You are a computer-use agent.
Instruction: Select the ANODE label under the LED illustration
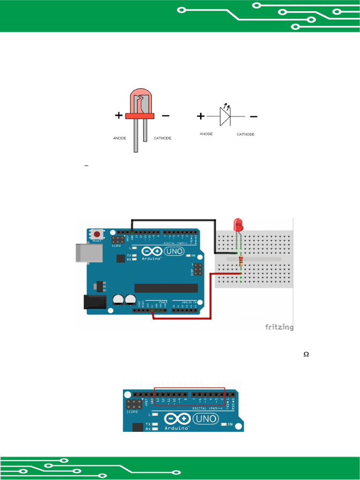(119, 138)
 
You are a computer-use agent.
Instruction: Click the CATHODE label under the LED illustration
(163, 138)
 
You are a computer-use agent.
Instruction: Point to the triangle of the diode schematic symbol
(225, 116)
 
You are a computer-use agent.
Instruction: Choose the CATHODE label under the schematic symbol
(246, 135)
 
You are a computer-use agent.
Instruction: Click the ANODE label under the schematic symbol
(206, 134)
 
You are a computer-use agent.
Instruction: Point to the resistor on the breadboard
(241, 261)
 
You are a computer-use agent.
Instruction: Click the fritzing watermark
(279, 327)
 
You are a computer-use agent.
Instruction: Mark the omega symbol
(306, 355)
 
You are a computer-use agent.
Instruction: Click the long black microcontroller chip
(166, 288)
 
